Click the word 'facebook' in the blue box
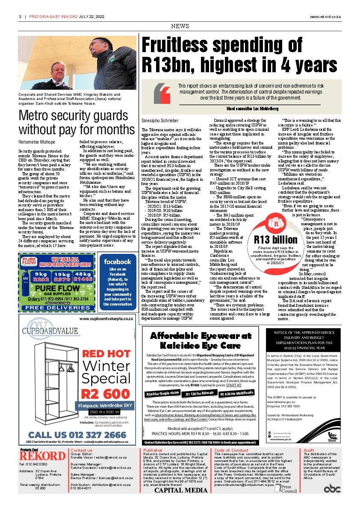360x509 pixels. (x=117, y=262)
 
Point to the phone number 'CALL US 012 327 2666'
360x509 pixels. (x=77, y=435)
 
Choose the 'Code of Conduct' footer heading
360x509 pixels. (x=231, y=450)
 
